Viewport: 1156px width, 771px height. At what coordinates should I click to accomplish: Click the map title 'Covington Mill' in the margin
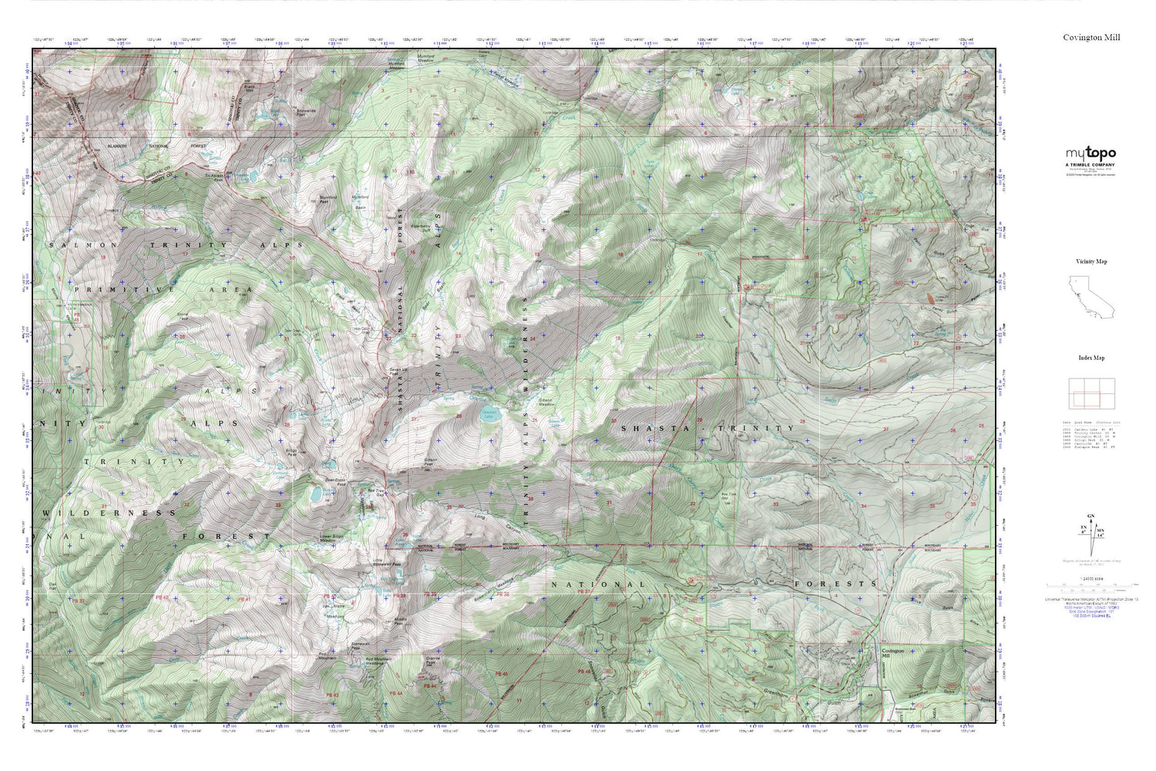(1091, 37)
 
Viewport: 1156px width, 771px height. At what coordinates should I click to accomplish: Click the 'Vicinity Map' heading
(1090, 261)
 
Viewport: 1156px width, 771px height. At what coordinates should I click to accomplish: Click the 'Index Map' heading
(1090, 358)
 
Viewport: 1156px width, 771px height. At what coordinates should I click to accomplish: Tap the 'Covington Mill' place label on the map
(892, 653)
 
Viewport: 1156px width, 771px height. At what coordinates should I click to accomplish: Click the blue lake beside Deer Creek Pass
(316, 493)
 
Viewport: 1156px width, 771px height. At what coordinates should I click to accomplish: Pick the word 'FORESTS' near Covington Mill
(845, 584)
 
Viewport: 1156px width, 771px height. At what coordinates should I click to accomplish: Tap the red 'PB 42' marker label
(162, 598)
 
